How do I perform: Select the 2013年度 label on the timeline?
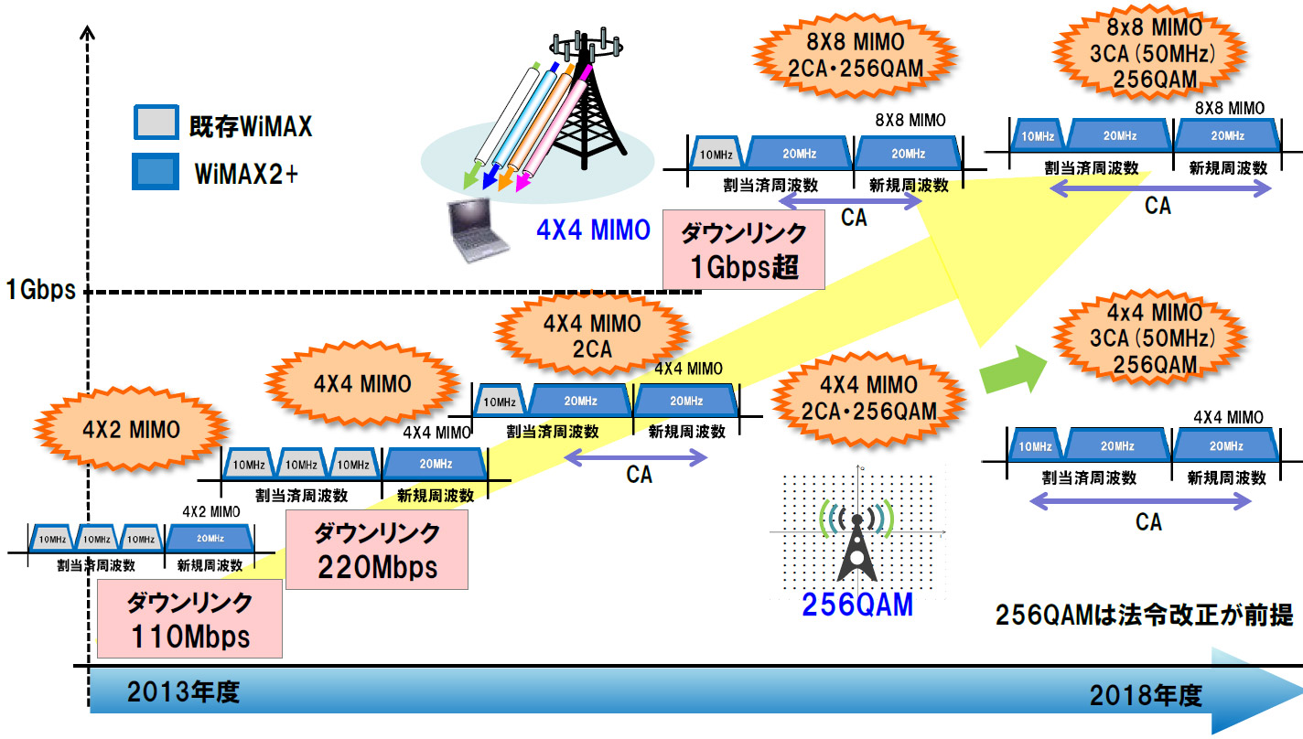183,692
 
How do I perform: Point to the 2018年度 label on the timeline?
1144,696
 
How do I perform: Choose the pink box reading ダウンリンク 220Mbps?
376,549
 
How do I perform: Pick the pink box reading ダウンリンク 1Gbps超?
743,250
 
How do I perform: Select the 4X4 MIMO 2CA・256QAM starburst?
867,399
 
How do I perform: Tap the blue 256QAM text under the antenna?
857,605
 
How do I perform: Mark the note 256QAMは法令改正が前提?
1144,616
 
